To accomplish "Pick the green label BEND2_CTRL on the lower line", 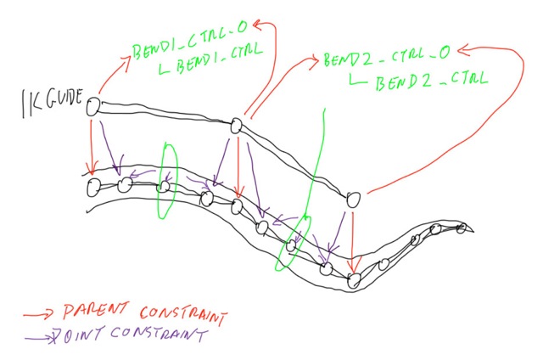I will click(x=422, y=81).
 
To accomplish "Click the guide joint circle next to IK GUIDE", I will click(x=93, y=105).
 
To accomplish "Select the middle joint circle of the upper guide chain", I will click(x=237, y=127).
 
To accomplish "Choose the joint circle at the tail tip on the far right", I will click(x=461, y=228).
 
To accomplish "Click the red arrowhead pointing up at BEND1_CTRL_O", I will click(x=259, y=25).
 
